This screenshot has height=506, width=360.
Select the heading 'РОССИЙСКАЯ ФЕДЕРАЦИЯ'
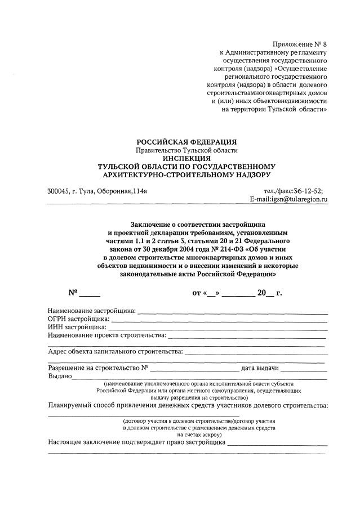click(187, 142)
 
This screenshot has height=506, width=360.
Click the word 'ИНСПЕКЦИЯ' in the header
click(187, 159)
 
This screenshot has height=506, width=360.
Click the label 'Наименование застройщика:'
click(92, 310)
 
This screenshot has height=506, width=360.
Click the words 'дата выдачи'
click(260, 369)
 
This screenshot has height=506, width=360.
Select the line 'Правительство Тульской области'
click(187, 150)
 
